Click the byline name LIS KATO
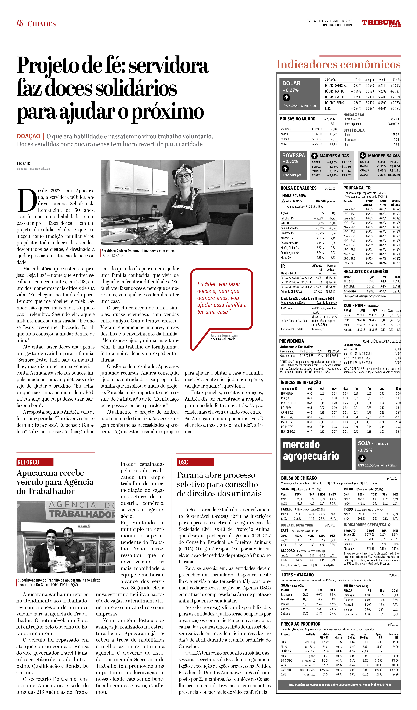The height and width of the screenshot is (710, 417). [23, 163]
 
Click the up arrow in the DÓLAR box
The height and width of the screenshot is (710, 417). [286, 97]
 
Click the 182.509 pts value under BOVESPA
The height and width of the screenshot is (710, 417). [292, 175]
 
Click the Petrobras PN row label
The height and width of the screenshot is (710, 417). [287, 218]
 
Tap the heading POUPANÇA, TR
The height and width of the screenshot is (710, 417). [357, 188]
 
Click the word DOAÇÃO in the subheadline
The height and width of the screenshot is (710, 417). [28, 136]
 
